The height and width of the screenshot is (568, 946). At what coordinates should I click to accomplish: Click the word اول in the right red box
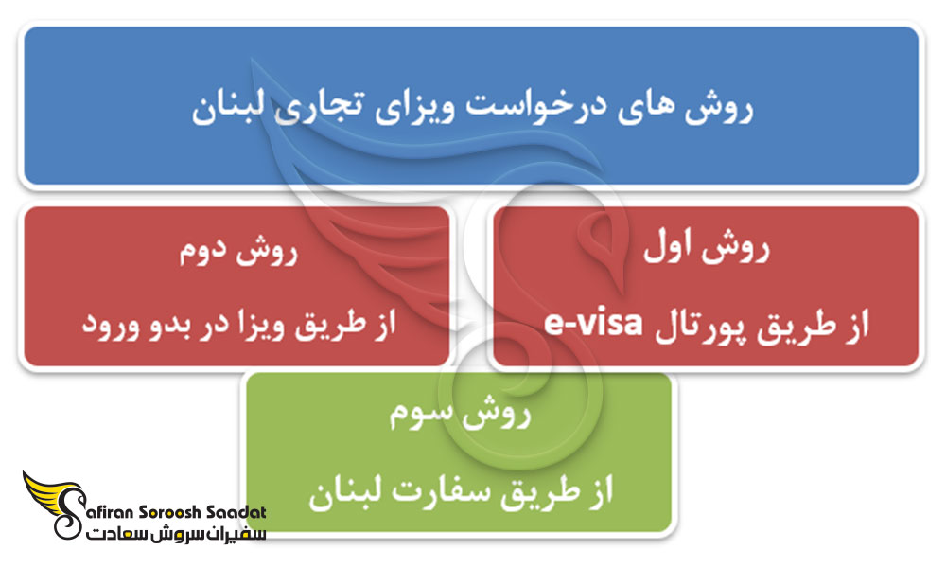pyautogui.click(x=673, y=252)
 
